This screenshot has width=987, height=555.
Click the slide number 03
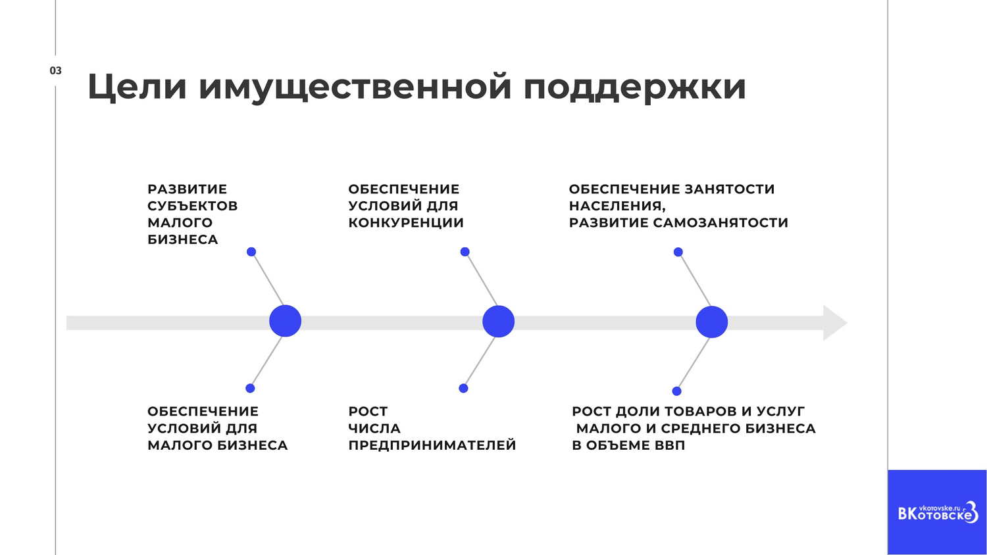55,70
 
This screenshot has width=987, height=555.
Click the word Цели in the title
137,87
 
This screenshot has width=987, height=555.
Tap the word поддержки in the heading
634,88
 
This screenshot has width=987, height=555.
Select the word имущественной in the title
355,88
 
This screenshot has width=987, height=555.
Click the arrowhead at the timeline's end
835,322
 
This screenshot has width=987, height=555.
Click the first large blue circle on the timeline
285,321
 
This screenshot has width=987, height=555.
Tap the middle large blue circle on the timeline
498,322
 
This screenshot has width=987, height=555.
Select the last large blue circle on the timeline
711,322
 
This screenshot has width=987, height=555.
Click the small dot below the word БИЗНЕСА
251,252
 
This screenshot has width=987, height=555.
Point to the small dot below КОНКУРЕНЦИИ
465,252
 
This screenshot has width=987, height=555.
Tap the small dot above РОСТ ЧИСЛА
463,388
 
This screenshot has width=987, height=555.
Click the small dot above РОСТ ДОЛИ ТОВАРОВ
677,391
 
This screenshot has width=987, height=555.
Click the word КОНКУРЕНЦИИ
406,223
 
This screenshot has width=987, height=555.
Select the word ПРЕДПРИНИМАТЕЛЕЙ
432,445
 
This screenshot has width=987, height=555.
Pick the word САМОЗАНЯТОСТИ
721,223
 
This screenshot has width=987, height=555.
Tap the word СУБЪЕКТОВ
193,206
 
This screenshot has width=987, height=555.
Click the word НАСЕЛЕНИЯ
617,206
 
